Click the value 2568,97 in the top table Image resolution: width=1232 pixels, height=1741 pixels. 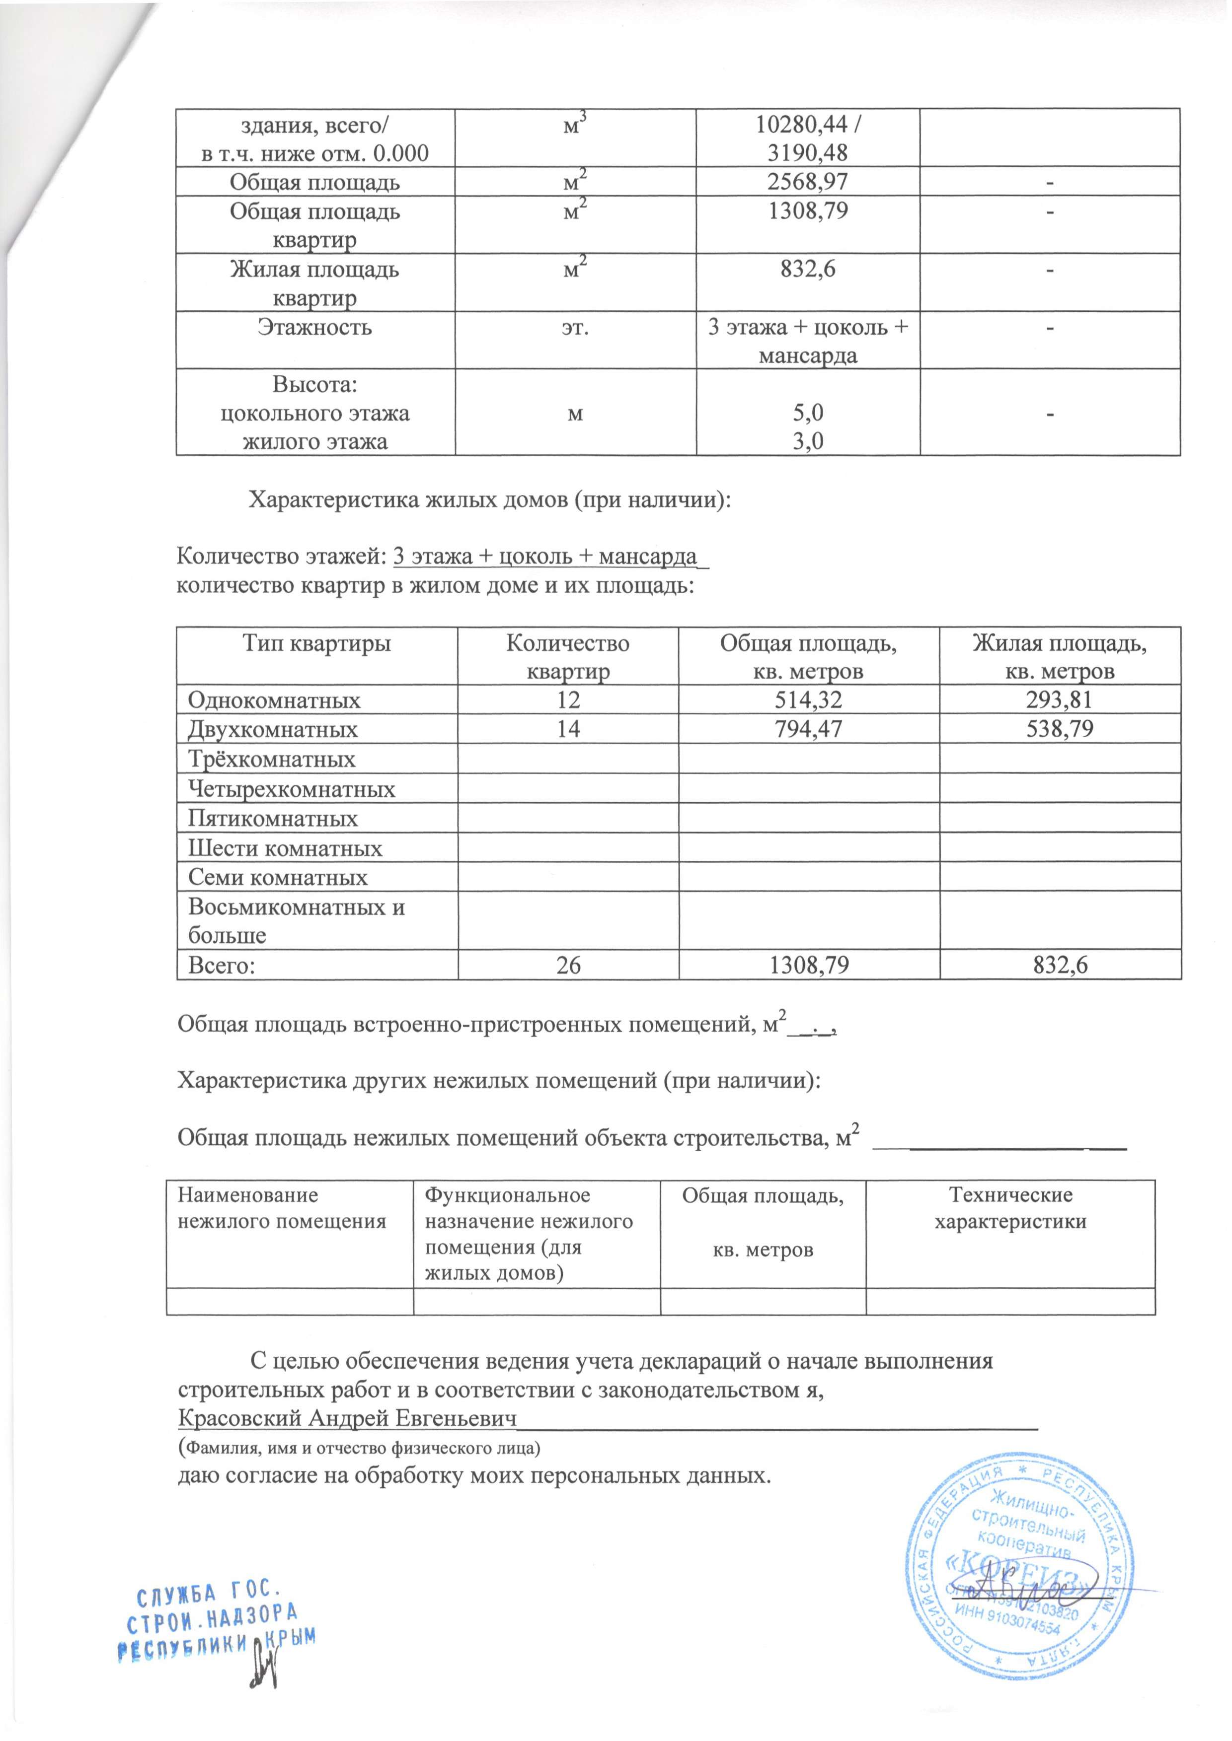[807, 182]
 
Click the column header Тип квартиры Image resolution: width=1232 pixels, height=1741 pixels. [316, 644]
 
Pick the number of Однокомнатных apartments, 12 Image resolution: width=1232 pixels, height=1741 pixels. [568, 700]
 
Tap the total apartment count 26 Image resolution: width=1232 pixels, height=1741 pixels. [568, 965]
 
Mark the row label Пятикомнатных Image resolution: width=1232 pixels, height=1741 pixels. [273, 819]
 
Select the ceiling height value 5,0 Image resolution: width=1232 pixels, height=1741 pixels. [807, 413]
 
